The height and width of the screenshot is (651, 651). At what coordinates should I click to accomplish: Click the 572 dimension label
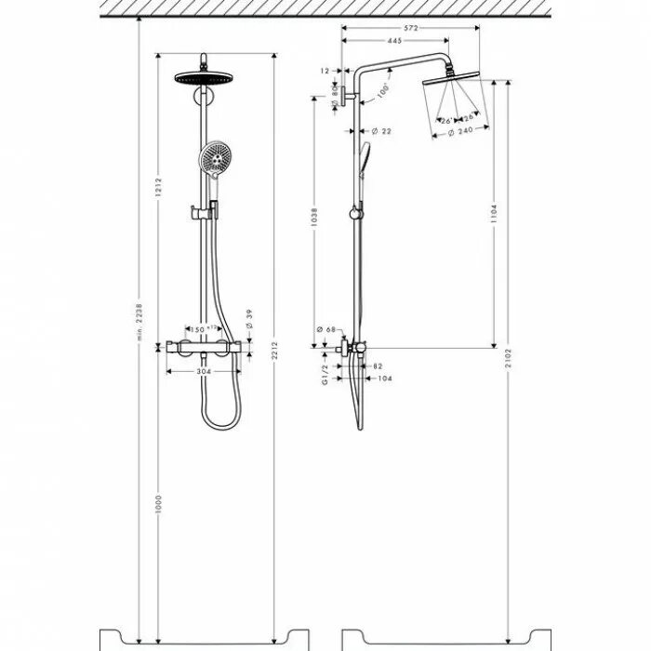(410, 27)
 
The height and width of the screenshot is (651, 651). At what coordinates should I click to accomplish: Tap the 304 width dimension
(204, 371)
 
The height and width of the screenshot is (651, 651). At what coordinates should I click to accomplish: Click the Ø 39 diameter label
(249, 319)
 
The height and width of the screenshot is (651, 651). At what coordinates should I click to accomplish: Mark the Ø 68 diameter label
(325, 329)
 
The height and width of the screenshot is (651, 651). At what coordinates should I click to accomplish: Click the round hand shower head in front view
(213, 159)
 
